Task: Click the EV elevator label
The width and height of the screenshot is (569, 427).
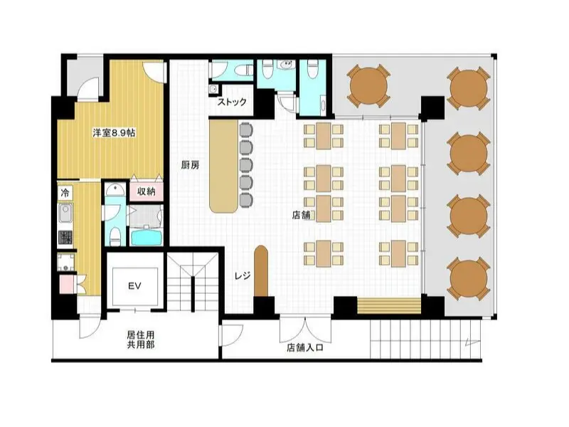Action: [134, 286]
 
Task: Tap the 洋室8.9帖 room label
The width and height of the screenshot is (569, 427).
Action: [114, 133]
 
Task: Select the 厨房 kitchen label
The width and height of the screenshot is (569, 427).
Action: [190, 165]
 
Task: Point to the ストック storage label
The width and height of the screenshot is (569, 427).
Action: [232, 102]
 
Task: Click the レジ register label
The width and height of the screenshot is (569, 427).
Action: [243, 276]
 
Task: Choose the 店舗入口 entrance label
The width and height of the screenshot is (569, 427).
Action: [305, 348]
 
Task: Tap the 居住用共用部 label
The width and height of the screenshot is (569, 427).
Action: [140, 339]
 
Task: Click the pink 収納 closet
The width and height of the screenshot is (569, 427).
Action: [147, 191]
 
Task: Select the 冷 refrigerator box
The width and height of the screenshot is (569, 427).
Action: [65, 192]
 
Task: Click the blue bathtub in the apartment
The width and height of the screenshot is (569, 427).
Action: [147, 236]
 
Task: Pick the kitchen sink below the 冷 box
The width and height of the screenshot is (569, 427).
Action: [65, 213]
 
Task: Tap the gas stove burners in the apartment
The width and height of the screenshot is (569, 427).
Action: [65, 238]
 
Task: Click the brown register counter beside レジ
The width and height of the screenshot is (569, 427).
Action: [261, 270]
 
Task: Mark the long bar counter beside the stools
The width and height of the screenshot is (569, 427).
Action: [223, 166]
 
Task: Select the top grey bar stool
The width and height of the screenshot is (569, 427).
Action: [245, 130]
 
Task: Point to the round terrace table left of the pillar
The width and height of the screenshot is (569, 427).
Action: [368, 85]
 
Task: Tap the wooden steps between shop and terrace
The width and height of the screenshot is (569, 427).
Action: [389, 306]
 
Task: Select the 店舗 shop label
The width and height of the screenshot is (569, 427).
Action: [301, 215]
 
